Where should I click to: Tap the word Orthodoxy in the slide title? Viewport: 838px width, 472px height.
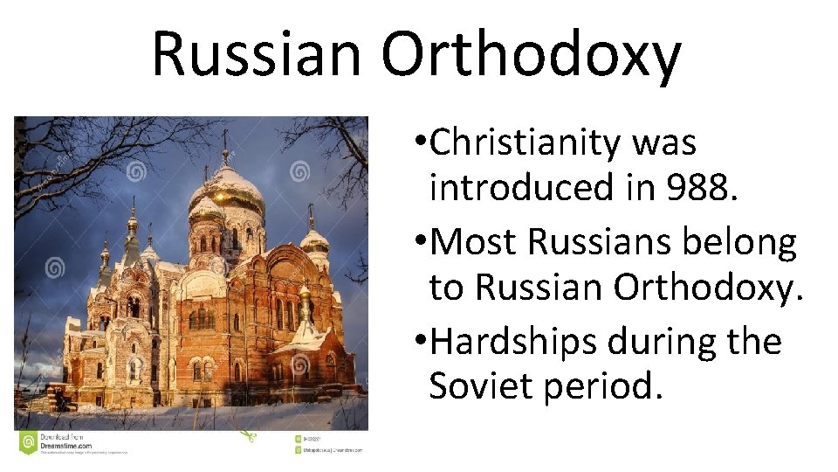(x=530, y=54)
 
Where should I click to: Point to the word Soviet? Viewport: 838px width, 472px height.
(x=481, y=385)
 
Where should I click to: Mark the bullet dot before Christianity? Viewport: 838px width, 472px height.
(x=422, y=142)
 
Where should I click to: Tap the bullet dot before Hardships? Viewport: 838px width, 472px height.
(x=422, y=342)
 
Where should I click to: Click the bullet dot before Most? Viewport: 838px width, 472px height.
(x=422, y=242)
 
